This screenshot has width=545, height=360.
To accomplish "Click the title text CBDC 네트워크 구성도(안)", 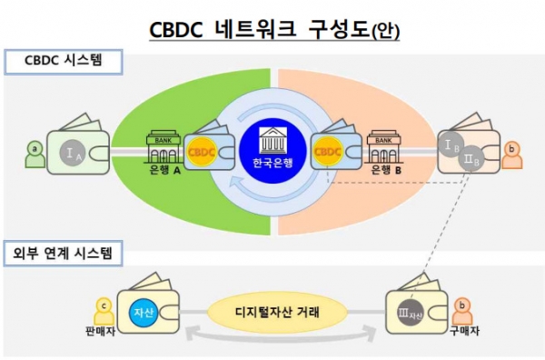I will (273, 29).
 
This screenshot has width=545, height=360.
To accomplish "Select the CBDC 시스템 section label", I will (60, 62).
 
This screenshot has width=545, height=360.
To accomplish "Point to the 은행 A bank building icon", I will (163, 145).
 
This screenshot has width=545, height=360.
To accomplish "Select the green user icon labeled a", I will (35, 151).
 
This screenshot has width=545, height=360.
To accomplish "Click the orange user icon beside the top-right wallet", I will (510, 151).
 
